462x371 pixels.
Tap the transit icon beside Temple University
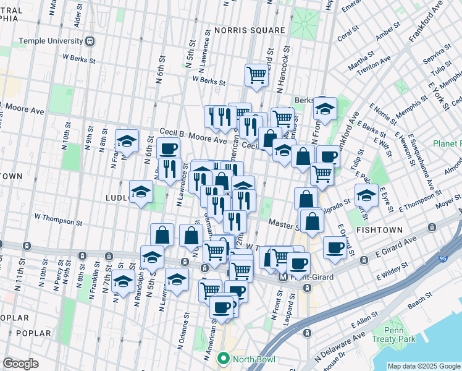coord(90,41)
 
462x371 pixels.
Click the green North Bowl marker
coord(223,358)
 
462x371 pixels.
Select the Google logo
coord(21,363)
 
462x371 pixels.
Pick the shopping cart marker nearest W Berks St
coord(257,76)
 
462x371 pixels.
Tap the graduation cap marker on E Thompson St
coord(367,197)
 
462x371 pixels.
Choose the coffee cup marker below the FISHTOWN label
coord(335,248)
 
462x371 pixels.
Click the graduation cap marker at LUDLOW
coord(141,192)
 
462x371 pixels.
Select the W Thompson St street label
coord(59,218)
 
